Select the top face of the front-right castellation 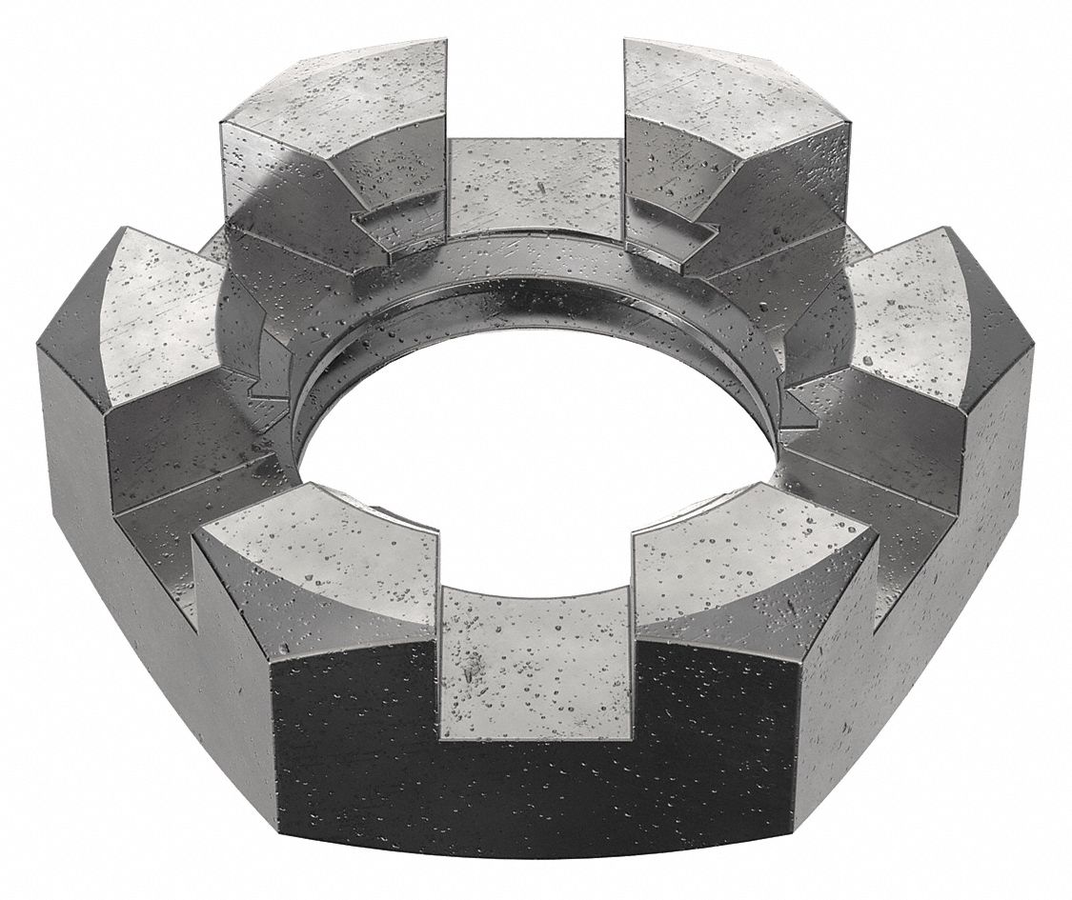click(x=753, y=552)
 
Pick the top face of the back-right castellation click(x=734, y=95)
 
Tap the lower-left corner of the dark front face click(x=281, y=829)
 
